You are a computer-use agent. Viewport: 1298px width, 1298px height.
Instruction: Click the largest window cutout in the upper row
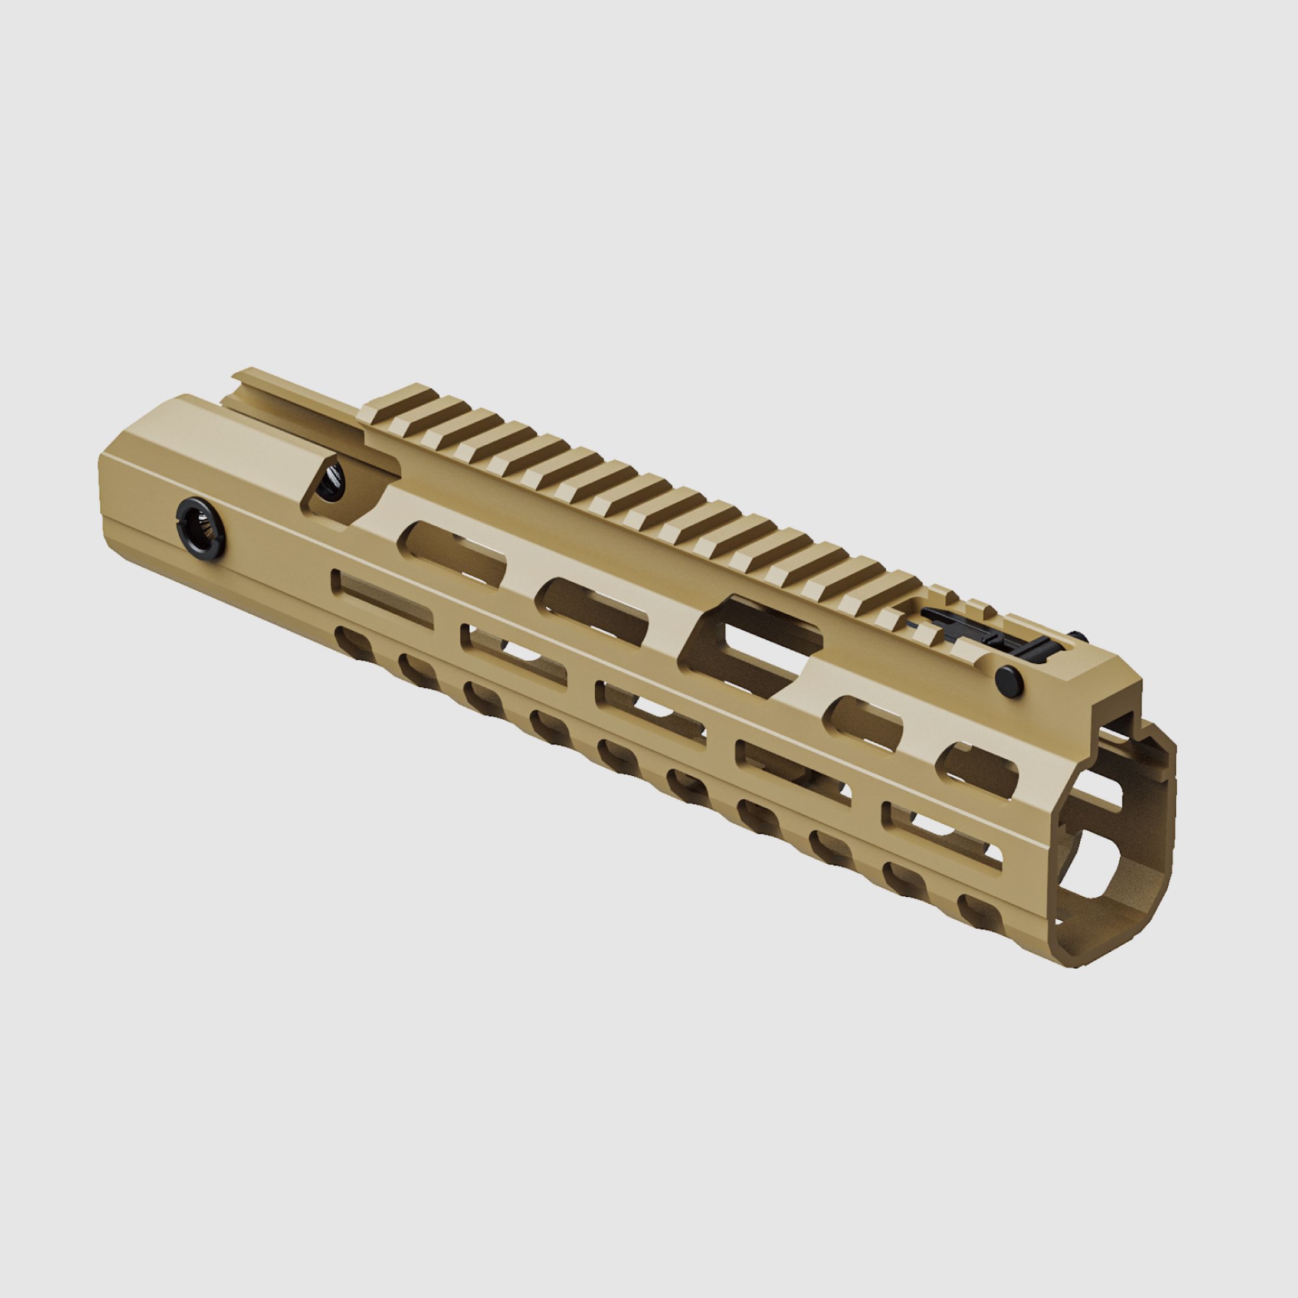coord(752,638)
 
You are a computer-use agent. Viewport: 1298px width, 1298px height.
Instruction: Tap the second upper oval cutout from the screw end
coord(595,605)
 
